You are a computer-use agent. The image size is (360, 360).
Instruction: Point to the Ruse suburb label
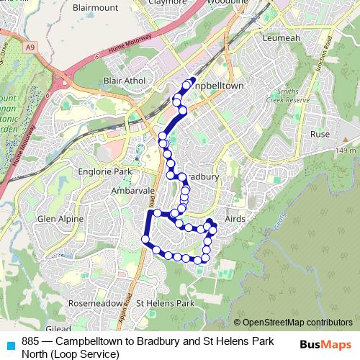(x=319, y=135)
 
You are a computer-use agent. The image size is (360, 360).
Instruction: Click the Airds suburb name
(x=235, y=217)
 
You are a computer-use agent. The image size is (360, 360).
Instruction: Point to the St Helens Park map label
(x=166, y=304)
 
